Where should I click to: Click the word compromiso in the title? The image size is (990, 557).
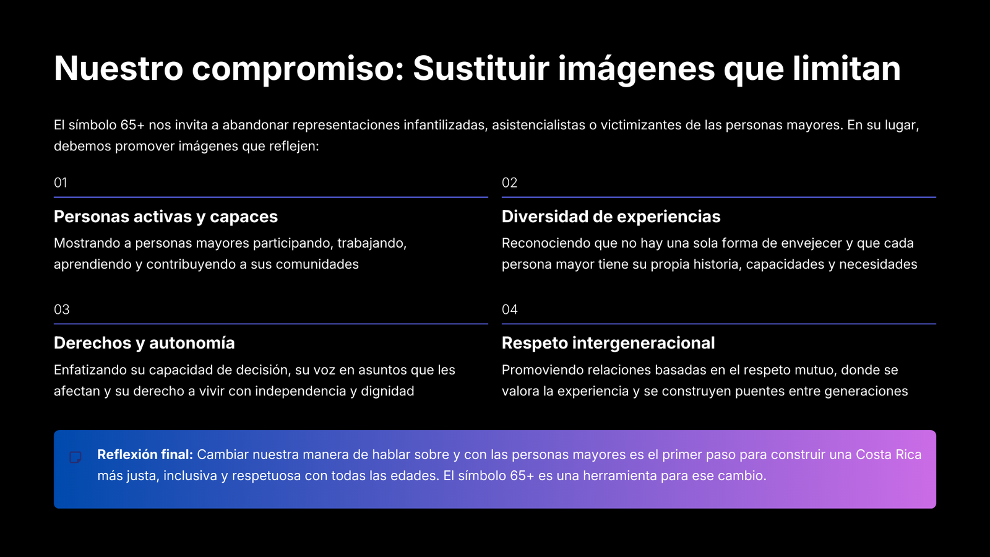(x=298, y=69)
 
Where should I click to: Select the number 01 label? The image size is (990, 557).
(x=61, y=183)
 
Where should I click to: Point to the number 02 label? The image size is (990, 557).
(x=509, y=183)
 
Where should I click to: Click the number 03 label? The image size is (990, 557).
(x=61, y=309)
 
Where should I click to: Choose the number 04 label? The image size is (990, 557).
(x=510, y=309)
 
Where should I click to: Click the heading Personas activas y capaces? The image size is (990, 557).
(x=166, y=217)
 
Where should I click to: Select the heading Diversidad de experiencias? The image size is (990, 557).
(x=611, y=217)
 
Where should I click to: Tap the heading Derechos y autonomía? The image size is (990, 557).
(x=144, y=343)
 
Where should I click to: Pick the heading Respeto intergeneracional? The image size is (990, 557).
(x=608, y=343)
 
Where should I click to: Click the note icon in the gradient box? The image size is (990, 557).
(x=75, y=457)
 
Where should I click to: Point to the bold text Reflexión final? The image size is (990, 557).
(x=145, y=454)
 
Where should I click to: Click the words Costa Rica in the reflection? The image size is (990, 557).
(x=889, y=454)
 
